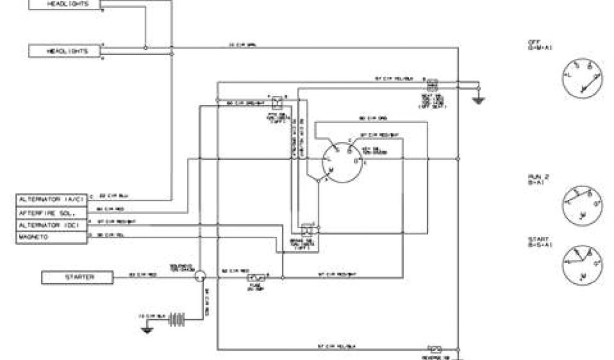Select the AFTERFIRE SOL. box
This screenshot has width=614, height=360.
[x=51, y=212]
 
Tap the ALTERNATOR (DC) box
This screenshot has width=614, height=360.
[x=51, y=225]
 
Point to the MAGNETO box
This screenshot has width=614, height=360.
[x=51, y=238]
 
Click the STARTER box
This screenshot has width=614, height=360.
[x=76, y=278]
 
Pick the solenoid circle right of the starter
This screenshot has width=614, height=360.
[x=200, y=275]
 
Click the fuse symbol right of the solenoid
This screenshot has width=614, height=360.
[x=256, y=278]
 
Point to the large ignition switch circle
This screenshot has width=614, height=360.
[x=341, y=161]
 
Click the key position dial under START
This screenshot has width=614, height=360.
[x=582, y=264]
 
